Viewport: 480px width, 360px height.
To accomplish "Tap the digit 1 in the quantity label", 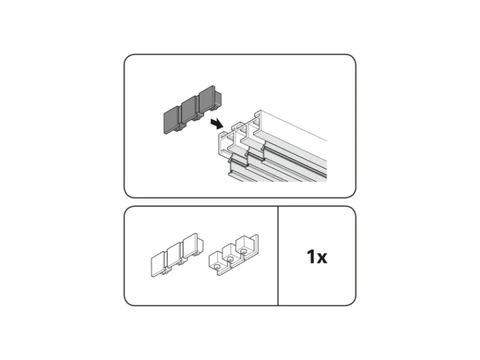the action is [x=311, y=257].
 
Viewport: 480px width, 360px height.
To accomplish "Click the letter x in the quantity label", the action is [x=322, y=259].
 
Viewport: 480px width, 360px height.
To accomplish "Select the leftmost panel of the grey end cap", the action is [x=171, y=122].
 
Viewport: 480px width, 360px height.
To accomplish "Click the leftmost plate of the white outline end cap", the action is [x=158, y=264].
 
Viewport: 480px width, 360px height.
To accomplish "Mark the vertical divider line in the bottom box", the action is [x=278, y=256].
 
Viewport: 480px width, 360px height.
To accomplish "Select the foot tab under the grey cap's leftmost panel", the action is [x=178, y=130].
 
